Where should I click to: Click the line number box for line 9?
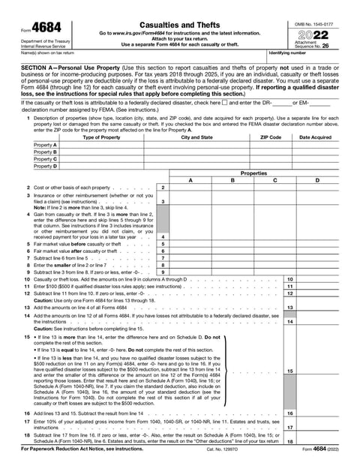pos(163,272)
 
